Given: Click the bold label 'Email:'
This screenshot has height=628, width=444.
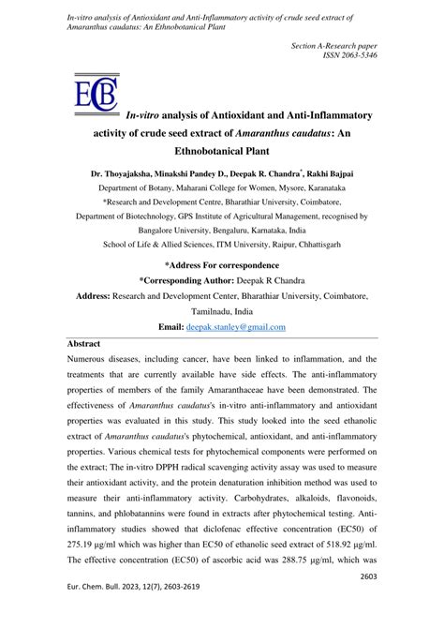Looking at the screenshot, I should tap(169, 327).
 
